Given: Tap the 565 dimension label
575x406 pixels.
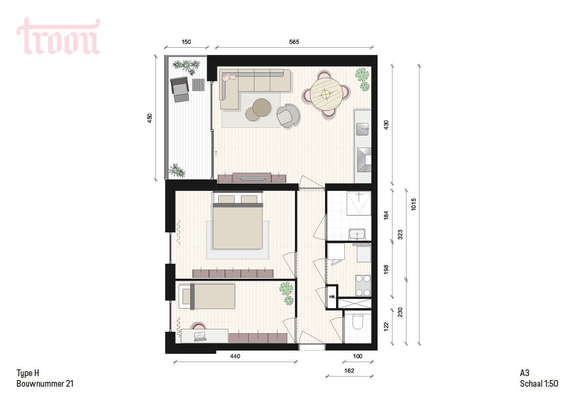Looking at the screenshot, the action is click(x=294, y=42).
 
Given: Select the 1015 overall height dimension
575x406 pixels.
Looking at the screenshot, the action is click(x=414, y=204).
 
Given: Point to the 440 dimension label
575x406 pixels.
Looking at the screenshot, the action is click(x=235, y=356).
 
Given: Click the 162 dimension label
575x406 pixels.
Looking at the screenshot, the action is click(x=349, y=370).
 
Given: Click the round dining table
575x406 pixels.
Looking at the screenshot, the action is click(x=326, y=94).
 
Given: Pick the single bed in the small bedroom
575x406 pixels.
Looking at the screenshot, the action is click(x=208, y=297).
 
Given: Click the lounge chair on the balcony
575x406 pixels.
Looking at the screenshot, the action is click(x=179, y=89).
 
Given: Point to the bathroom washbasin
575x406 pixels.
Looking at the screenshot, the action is click(x=357, y=233).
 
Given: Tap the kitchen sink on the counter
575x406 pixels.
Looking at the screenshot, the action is click(x=363, y=128).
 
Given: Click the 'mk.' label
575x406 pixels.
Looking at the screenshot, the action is click(x=332, y=297).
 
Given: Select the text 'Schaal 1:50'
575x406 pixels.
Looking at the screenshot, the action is click(x=539, y=383).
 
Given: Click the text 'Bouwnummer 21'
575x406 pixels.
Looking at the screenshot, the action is click(x=45, y=383).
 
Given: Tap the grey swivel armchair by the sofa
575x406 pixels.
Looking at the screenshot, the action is click(x=288, y=116).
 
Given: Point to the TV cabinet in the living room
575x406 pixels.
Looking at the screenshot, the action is click(x=252, y=177).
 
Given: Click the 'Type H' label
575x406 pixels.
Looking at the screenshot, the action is click(x=28, y=373).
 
